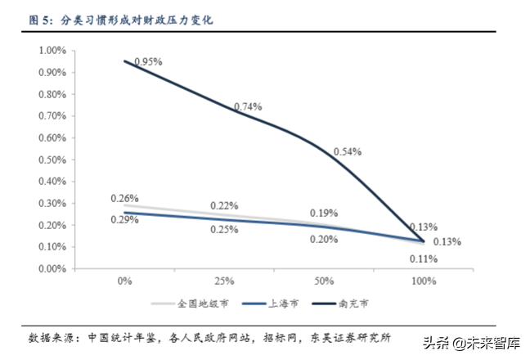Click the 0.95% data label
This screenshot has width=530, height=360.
coord(148,61)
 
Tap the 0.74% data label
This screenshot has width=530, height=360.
coord(248,106)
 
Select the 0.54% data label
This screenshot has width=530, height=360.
coord(348,151)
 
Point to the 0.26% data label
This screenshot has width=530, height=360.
coord(124,199)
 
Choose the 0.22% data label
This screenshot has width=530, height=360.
coord(224,205)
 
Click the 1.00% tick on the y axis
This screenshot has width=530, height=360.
coord(52,51)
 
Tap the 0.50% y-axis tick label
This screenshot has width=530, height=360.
coord(52,159)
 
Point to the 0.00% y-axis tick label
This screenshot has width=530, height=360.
coord(52,268)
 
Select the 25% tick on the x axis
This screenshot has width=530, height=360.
coord(224,281)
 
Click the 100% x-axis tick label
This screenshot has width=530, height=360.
coord(424,281)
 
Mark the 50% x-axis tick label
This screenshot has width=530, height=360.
coord(324,281)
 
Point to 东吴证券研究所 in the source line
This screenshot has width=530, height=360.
coord(351,337)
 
